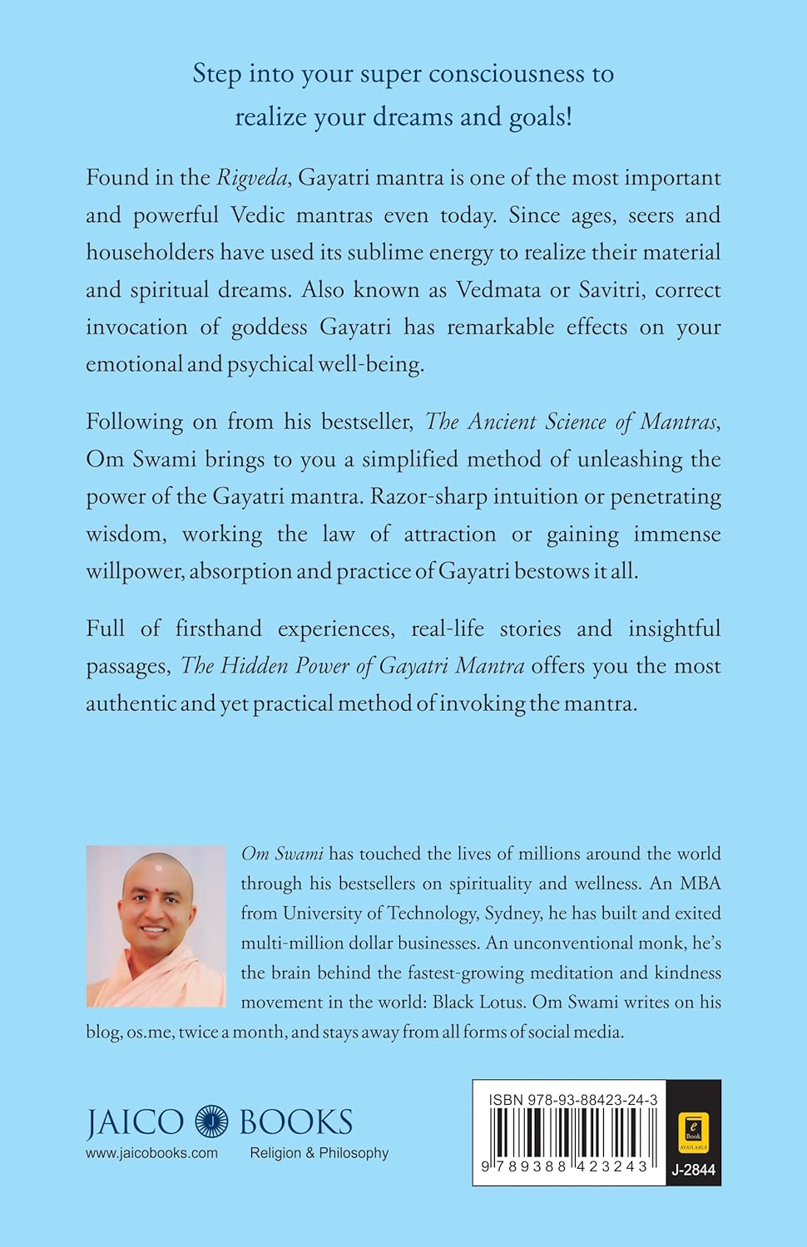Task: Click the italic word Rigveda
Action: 251,178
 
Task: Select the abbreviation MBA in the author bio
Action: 695,883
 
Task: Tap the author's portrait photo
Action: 156,926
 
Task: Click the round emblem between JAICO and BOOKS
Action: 211,1121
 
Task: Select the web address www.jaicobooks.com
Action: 151,1153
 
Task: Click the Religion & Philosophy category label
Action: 319,1153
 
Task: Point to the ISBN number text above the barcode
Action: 573,1099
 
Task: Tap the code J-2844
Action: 692,1171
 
